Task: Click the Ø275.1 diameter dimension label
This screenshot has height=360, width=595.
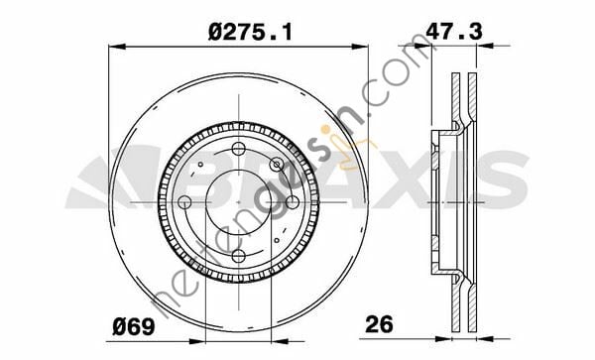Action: click(251, 32)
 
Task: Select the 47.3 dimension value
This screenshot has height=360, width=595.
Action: click(454, 31)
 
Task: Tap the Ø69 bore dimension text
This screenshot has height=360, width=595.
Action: click(134, 326)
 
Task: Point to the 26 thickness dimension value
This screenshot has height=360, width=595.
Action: click(379, 324)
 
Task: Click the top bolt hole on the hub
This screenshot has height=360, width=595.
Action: click(238, 149)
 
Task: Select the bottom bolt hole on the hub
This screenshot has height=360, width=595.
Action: click(238, 256)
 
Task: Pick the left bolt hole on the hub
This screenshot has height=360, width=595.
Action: click(184, 202)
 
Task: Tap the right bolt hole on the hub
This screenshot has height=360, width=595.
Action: click(292, 202)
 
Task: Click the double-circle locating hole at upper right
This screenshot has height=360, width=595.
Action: click(277, 165)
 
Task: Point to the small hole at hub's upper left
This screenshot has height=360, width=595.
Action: click(200, 165)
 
